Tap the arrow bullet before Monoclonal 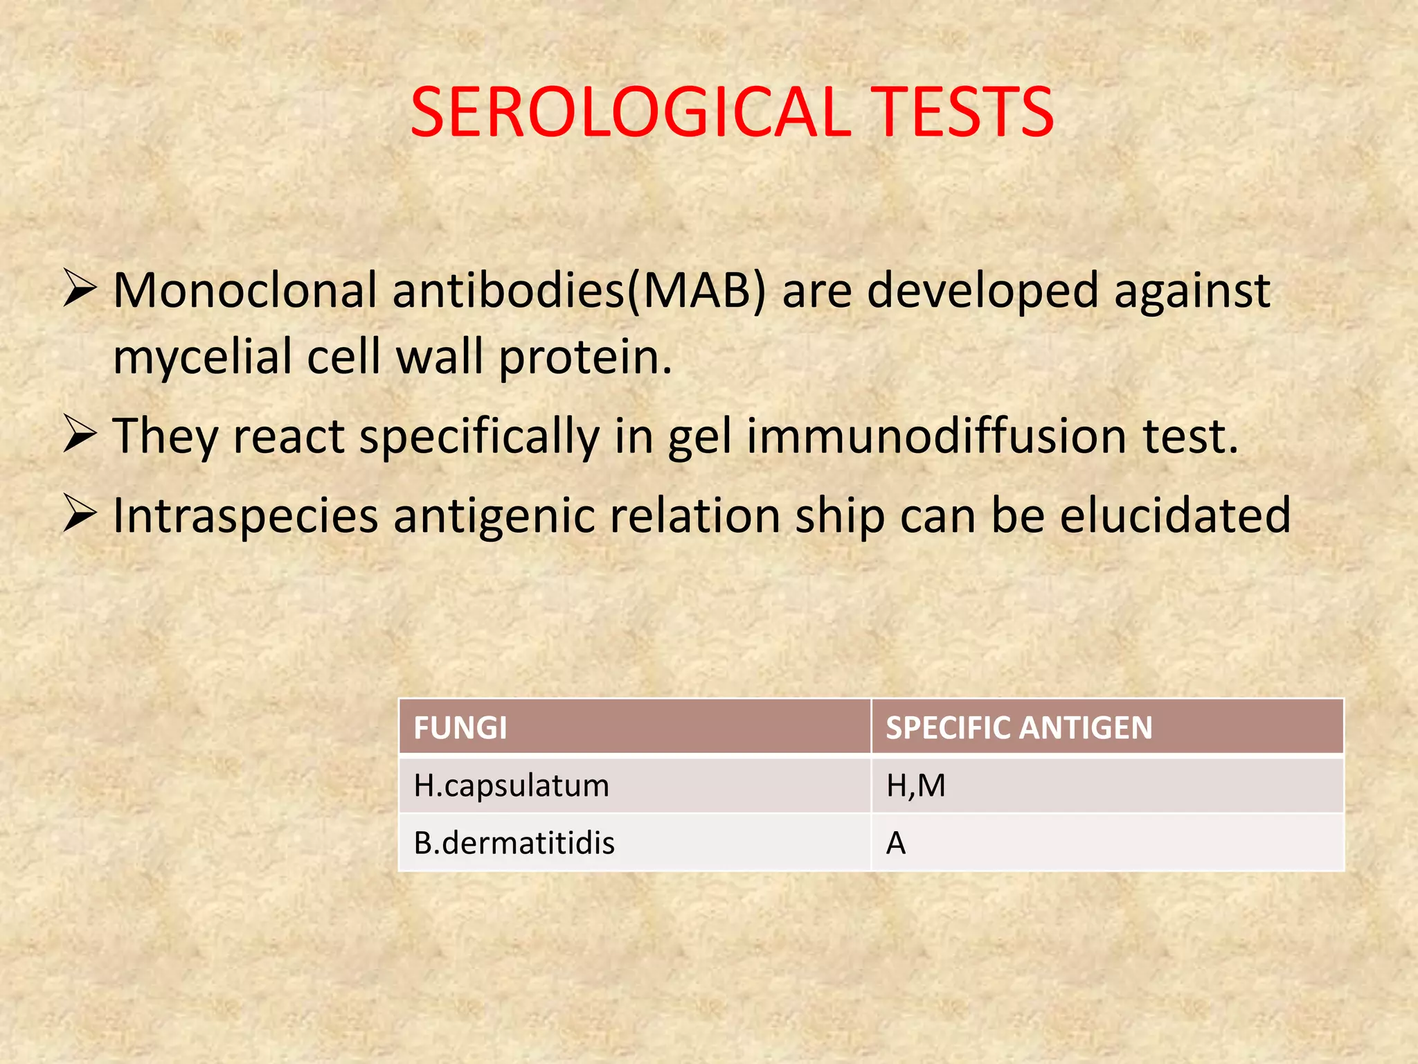coord(79,289)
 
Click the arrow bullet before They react coord(79,434)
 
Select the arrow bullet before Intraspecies coord(79,514)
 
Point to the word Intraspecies coord(246,516)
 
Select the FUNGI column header coord(460,728)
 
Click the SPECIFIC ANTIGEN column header coord(1019,728)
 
